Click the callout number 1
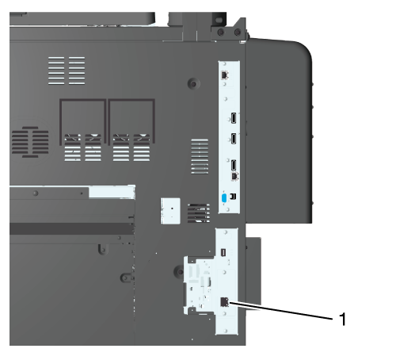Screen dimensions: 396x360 tap(342, 319)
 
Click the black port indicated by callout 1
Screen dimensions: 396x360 tap(224, 302)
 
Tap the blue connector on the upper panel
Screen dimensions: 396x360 tap(224, 198)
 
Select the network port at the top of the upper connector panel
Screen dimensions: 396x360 tap(225, 75)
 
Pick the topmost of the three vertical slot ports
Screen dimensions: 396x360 tap(234, 118)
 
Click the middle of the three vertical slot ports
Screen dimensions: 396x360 tap(234, 139)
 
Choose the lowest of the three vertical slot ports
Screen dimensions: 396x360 tap(234, 165)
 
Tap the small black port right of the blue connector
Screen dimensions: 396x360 tap(234, 197)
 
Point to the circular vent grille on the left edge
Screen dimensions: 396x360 tap(30, 142)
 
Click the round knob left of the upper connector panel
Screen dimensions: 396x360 tap(193, 84)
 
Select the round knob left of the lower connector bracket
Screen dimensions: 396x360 tap(179, 271)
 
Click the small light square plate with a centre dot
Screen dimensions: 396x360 tap(170, 211)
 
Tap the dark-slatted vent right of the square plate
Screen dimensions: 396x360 tap(199, 213)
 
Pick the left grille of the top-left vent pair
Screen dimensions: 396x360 tap(56, 71)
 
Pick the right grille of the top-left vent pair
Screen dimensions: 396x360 tap(77, 71)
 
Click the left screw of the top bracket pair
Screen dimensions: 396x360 tap(221, 33)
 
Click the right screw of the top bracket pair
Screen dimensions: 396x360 tap(238, 33)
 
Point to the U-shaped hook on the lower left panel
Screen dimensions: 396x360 tap(103, 250)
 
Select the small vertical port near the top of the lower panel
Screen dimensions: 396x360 tap(223, 252)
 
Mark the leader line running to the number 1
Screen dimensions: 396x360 tap(280, 311)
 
